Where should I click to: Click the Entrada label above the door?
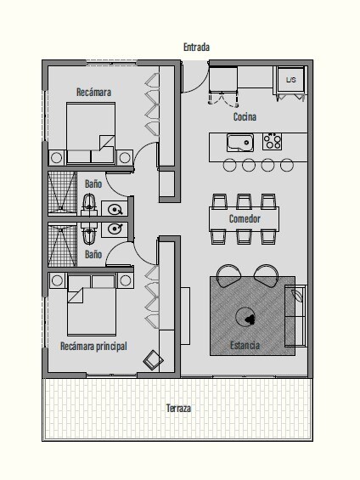tap(196, 47)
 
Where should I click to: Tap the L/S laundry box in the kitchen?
tap(291, 79)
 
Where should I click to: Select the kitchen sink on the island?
tap(240, 143)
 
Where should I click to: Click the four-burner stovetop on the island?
tap(273, 141)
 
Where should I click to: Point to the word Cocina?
tap(245, 116)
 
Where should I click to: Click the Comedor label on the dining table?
tap(245, 218)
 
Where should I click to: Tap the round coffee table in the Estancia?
tap(245, 317)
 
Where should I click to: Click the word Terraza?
tap(178, 408)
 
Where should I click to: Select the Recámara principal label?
tap(93, 347)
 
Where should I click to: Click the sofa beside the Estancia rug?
tap(295, 316)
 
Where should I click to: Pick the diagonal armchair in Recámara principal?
tap(153, 360)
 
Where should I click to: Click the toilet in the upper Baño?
tap(89, 203)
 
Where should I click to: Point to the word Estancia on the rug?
tap(245, 345)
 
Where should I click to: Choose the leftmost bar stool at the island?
tap(230, 165)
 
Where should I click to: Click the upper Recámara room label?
tap(93, 92)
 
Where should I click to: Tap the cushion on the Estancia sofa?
tap(297, 295)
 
